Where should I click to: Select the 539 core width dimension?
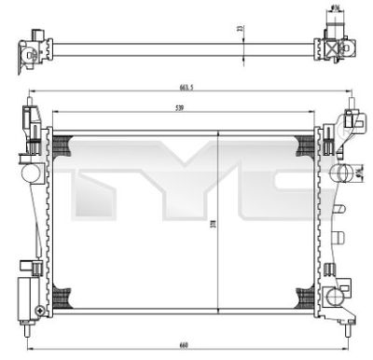(x=179, y=107)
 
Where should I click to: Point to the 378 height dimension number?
(x=213, y=224)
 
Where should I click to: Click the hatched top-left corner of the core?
(x=63, y=145)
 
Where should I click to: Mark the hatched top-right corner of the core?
(x=304, y=145)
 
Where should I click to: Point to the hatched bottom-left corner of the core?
(x=63, y=296)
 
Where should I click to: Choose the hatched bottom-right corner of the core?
(x=304, y=296)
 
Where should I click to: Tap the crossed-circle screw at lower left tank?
(x=36, y=309)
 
